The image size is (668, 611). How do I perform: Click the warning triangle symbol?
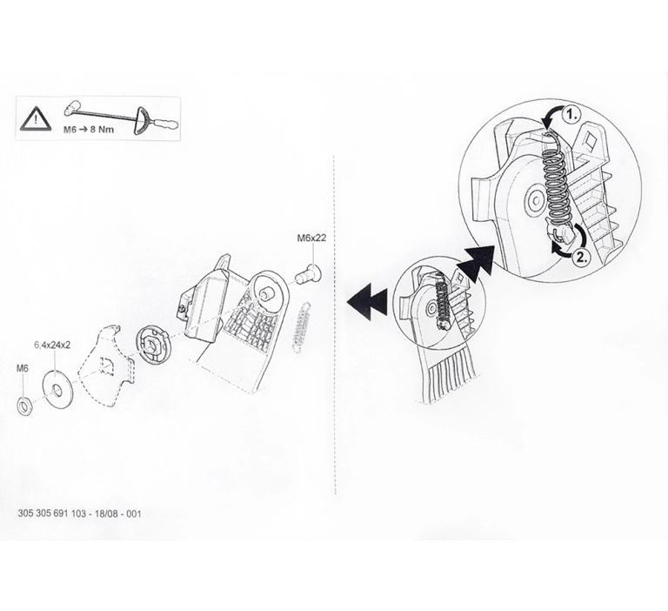click(36, 118)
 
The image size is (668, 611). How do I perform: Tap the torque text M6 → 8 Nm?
click(89, 129)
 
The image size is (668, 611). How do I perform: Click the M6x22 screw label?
click(311, 238)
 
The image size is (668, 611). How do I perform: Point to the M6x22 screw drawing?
click(308, 273)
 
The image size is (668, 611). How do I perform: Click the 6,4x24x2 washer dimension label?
click(52, 345)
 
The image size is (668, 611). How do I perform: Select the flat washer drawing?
click(57, 390)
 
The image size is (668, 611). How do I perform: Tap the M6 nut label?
click(22, 368)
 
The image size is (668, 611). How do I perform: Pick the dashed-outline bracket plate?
click(105, 366)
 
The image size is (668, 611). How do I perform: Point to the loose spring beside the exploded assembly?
click(302, 327)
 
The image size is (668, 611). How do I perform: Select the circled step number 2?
click(582, 257)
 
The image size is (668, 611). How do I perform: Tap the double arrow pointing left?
click(367, 302)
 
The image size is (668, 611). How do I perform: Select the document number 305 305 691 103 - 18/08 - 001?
click(79, 514)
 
